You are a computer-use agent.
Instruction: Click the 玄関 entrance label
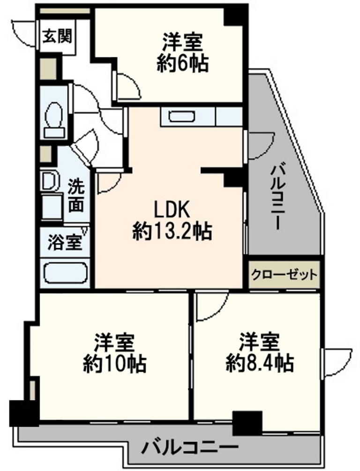[57, 37]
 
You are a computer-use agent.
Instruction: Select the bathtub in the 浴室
[66, 273]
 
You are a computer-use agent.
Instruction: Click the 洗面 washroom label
[76, 196]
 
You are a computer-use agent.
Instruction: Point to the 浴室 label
[65, 243]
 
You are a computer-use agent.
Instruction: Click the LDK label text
[172, 209]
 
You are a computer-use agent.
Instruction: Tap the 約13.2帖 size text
[172, 231]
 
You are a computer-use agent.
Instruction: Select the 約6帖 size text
[182, 63]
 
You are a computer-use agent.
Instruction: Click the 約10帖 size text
[115, 364]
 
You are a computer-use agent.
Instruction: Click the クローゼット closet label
[284, 274]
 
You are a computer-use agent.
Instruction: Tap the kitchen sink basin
[182, 116]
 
